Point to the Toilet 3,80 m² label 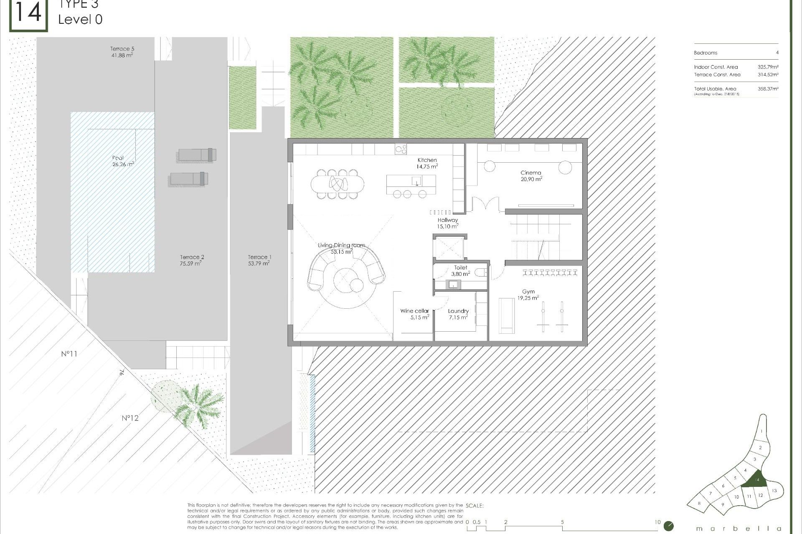pos(460,271)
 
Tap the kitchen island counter pos(411,181)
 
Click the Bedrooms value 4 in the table pos(777,53)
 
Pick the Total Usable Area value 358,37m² pos(768,89)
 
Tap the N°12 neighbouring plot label pos(130,418)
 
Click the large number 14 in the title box pos(28,13)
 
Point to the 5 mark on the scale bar pos(562,522)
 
